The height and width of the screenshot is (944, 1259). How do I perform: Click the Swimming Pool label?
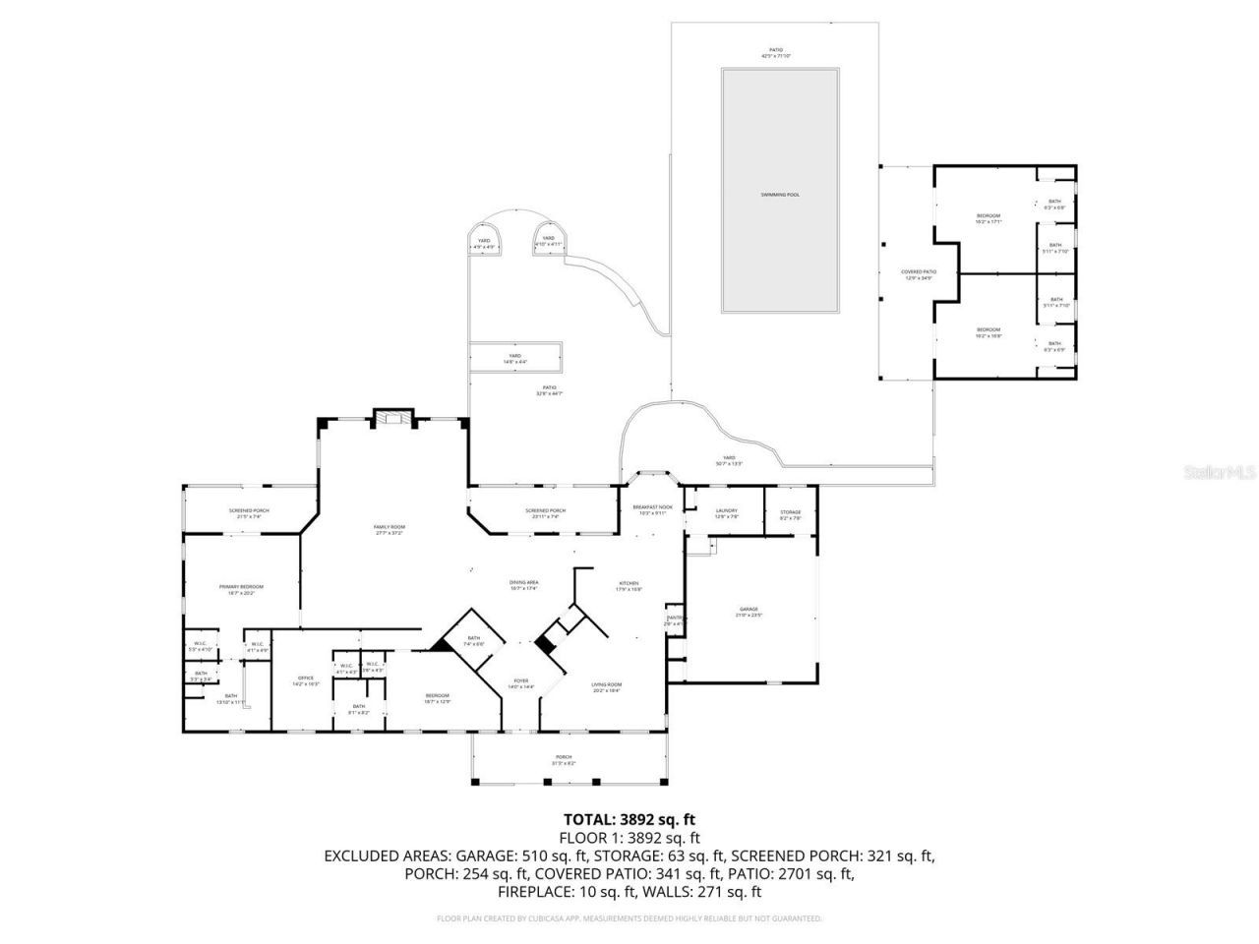(780, 195)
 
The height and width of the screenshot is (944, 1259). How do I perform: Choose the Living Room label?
(607, 688)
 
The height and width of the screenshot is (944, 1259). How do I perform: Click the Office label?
(306, 680)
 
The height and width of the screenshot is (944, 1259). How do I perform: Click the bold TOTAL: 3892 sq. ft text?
(629, 819)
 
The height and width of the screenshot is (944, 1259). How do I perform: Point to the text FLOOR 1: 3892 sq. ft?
(629, 838)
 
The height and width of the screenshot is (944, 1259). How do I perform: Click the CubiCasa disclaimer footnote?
(629, 918)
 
